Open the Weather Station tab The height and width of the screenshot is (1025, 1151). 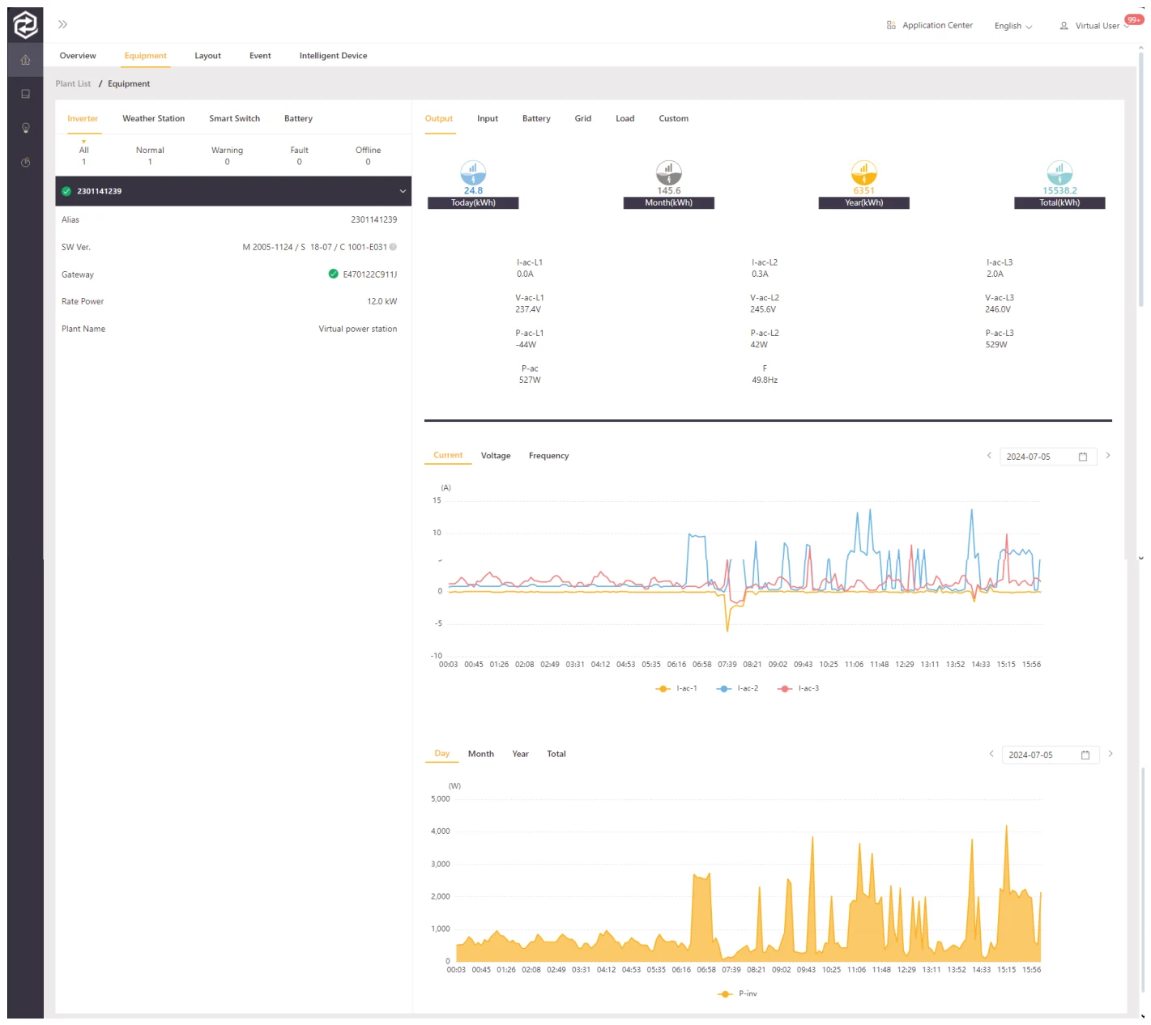[x=153, y=118]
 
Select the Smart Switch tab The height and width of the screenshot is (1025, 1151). [x=234, y=118]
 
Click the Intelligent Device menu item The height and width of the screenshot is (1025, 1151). [x=333, y=56]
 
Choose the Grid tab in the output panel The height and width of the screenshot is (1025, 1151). [x=582, y=118]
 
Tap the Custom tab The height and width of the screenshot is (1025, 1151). [x=673, y=118]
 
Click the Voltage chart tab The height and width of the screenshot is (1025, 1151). [x=496, y=456]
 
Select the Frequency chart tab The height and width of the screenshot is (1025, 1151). [x=548, y=456]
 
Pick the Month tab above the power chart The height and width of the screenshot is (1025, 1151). [x=480, y=754]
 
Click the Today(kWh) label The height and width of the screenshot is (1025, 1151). [x=473, y=202]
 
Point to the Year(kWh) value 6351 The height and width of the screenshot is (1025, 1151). [x=863, y=190]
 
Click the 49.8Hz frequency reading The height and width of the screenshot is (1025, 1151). [x=764, y=380]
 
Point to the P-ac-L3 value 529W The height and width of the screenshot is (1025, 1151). [x=996, y=345]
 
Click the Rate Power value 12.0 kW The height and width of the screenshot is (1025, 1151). [x=382, y=301]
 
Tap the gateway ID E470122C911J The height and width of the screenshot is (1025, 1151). [x=370, y=274]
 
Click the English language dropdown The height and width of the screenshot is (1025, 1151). [x=1012, y=26]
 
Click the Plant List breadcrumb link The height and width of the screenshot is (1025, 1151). [x=73, y=83]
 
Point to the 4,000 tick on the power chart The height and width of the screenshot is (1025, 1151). [x=440, y=831]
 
